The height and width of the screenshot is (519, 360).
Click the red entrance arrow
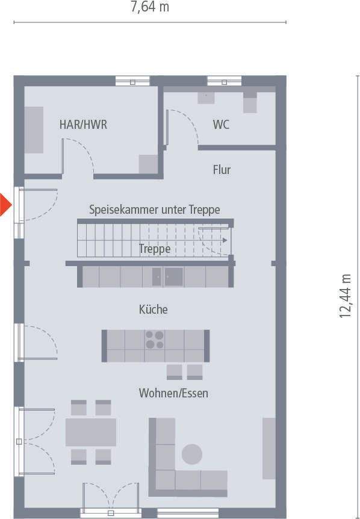tap(5, 205)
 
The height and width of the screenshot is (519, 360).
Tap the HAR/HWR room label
tap(84, 125)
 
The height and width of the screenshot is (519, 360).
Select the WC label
tap(221, 125)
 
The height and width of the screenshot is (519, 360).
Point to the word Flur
tap(222, 170)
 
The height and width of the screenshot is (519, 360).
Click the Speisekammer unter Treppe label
tap(155, 210)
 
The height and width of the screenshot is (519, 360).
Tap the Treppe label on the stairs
tap(155, 249)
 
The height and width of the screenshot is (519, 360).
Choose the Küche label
tap(153, 309)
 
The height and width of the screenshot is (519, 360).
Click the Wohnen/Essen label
tap(173, 393)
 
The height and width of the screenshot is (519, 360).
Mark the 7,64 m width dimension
tap(150, 7)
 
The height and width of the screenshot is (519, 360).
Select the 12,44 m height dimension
tap(345, 296)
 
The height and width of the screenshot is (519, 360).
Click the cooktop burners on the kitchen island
tap(155, 340)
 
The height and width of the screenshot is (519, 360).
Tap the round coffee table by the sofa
tap(192, 454)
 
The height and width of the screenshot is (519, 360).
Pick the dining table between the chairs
tap(91, 432)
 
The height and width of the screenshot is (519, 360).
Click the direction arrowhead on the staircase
tap(225, 240)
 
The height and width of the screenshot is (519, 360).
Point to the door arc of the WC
tap(185, 124)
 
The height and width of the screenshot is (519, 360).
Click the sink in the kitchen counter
tap(174, 277)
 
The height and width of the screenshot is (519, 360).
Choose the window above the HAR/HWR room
tap(132, 81)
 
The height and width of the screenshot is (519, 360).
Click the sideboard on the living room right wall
tap(269, 448)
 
